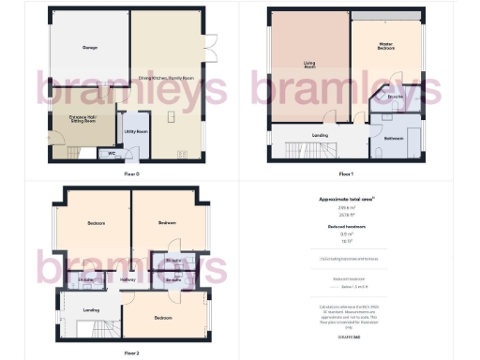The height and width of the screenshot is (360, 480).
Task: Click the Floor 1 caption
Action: point(345,174)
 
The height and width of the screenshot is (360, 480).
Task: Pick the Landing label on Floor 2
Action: point(92,310)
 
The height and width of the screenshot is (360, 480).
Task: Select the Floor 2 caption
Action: point(130,352)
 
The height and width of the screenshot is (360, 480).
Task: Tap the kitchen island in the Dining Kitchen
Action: point(172,117)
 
